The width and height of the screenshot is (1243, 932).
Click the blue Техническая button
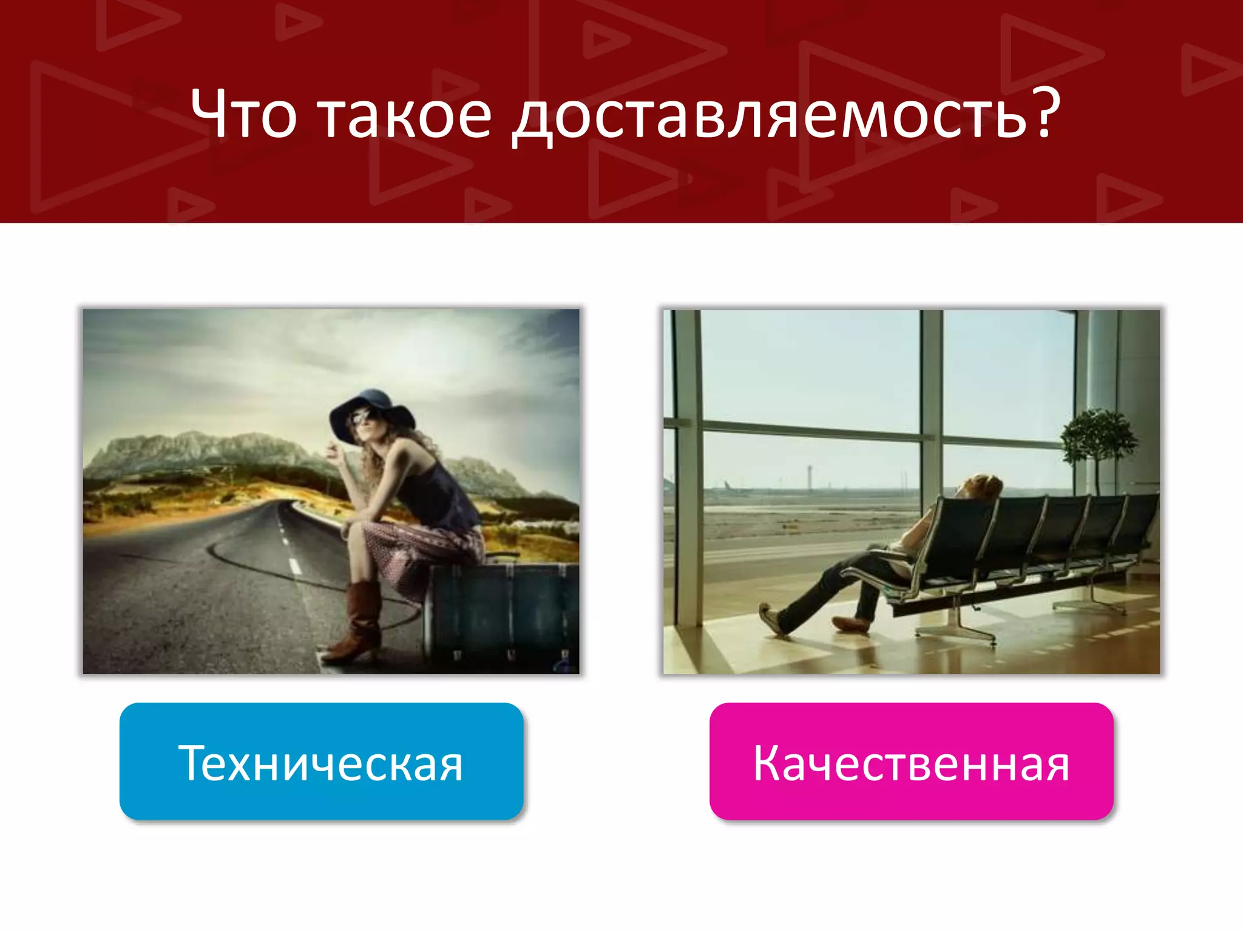pos(321,761)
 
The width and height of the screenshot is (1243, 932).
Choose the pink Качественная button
pos(911,761)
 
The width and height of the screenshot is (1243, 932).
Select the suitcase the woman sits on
pos(501,613)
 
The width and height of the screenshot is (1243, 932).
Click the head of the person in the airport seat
pos(978,485)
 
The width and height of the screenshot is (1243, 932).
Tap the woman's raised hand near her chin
pos(332,452)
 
